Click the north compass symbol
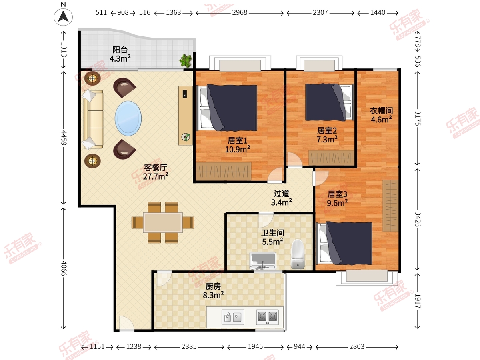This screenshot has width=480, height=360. pyautogui.click(x=63, y=17)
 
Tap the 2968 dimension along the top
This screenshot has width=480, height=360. pyautogui.click(x=240, y=13)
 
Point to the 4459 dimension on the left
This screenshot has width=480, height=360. pyautogui.click(x=64, y=138)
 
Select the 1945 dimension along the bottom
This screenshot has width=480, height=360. pyautogui.click(x=255, y=346)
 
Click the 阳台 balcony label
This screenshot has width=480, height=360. pyautogui.click(x=120, y=50)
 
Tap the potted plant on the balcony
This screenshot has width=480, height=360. pyautogui.click(x=186, y=60)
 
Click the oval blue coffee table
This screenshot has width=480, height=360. pyautogui.click(x=128, y=118)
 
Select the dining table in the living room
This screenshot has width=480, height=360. pyautogui.click(x=163, y=222)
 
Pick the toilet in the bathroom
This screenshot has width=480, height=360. pyautogui.click(x=298, y=254)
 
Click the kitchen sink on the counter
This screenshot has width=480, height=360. pyautogui.click(x=233, y=317)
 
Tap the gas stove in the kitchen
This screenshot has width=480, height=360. pyautogui.click(x=268, y=317)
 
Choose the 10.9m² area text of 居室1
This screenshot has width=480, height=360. pyautogui.click(x=238, y=150)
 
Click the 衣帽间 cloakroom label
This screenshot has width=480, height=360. pyautogui.click(x=381, y=111)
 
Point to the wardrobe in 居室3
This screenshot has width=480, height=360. pyautogui.click(x=390, y=206)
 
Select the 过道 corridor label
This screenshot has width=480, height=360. pyautogui.click(x=282, y=194)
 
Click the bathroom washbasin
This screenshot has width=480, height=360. pyautogui.click(x=263, y=261)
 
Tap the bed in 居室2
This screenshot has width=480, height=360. pyautogui.click(x=330, y=102)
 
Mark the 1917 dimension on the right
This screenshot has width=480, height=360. pyautogui.click(x=418, y=301)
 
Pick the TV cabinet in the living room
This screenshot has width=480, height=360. pyautogui.click(x=186, y=116)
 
